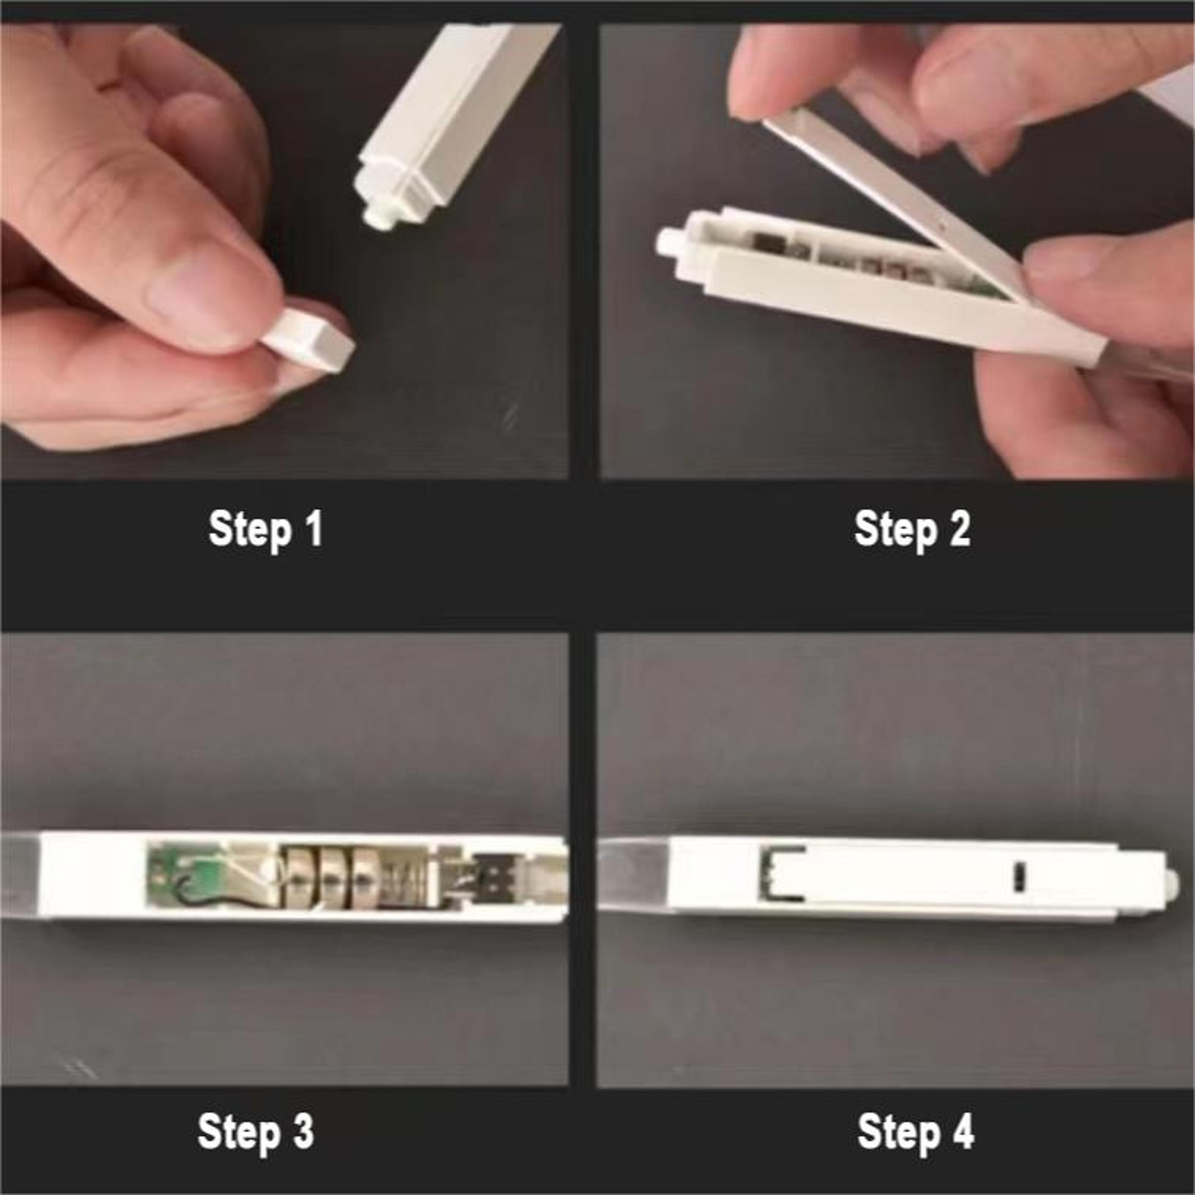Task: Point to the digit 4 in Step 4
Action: click(962, 1132)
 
